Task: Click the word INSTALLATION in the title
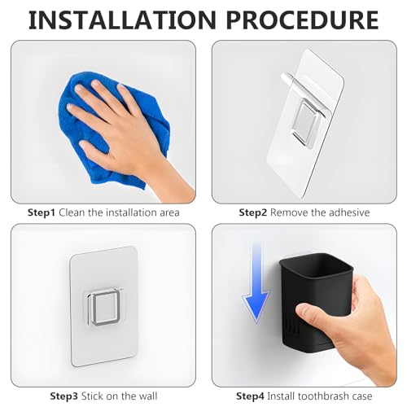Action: [122, 20]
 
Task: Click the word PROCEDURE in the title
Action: [302, 20]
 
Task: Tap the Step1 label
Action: [42, 212]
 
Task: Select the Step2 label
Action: [253, 212]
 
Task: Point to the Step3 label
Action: [64, 396]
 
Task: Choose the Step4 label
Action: [250, 396]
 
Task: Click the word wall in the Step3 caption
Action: [148, 396]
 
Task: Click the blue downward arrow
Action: [256, 282]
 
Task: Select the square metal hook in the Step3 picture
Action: [105, 308]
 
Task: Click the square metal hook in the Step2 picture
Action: [307, 122]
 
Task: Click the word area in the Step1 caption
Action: [169, 213]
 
